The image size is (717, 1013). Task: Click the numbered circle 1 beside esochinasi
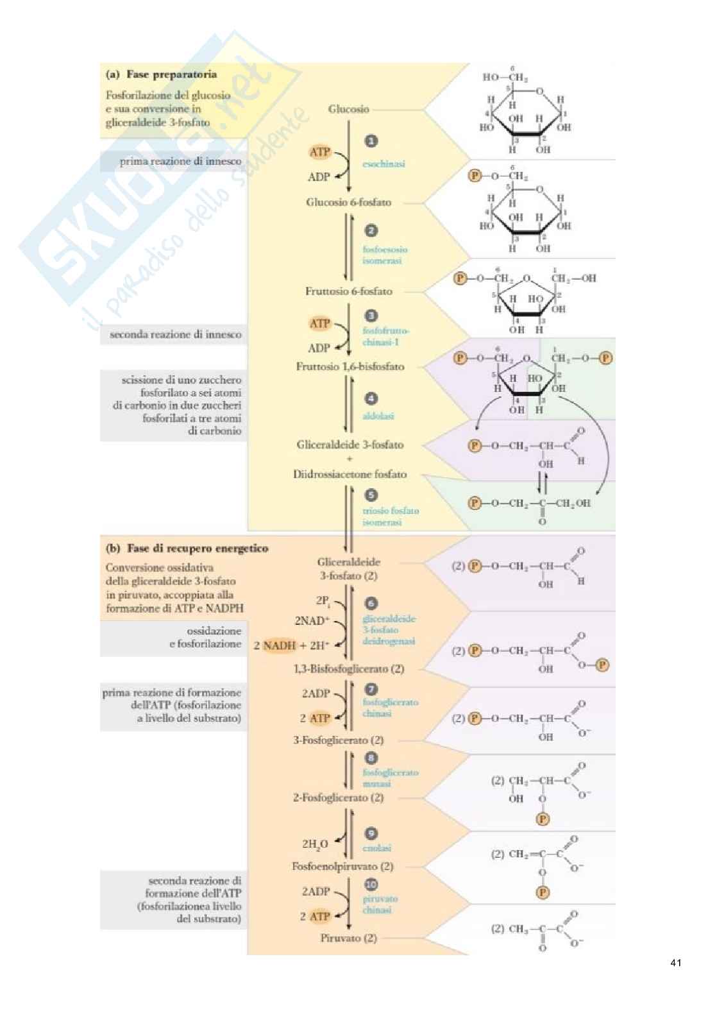point(371,142)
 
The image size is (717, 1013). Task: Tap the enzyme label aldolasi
point(378,416)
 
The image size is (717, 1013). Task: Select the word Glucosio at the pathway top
point(348,109)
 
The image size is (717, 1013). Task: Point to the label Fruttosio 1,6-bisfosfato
point(350,367)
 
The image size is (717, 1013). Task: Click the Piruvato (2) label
point(348,938)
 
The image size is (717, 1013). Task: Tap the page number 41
point(675,962)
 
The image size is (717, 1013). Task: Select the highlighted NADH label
point(280,645)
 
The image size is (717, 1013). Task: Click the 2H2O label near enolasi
point(316,844)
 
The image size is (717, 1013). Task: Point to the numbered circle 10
point(371,885)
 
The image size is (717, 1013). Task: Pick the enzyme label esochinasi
point(384,164)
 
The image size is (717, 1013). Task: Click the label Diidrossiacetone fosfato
point(350,475)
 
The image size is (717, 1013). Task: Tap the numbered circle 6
point(371,604)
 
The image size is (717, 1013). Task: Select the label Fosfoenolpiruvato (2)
point(342,867)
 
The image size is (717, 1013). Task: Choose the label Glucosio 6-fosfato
point(348,202)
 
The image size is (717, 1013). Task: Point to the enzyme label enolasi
point(376,848)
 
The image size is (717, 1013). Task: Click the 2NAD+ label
point(312,621)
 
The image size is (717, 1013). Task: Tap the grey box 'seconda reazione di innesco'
point(175,334)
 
